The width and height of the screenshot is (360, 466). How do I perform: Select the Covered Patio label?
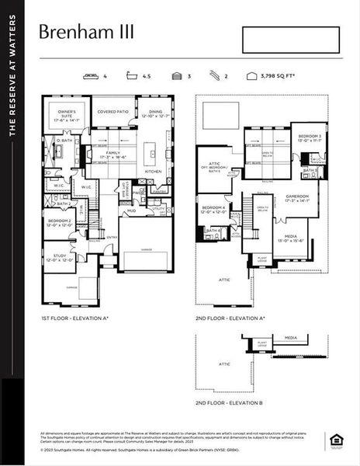[x=112, y=112]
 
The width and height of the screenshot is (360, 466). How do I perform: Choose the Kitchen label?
[x=153, y=172]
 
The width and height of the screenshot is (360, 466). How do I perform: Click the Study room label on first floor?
[x=60, y=257]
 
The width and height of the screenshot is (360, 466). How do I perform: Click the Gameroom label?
[x=296, y=197]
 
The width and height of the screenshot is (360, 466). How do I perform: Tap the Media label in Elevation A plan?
[x=290, y=238]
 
